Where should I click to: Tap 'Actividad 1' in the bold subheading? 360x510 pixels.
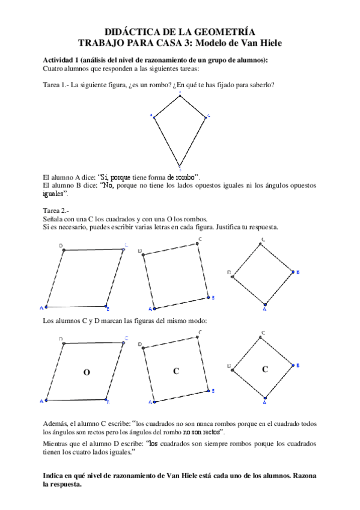(x=64, y=60)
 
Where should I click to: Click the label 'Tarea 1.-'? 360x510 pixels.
(x=55, y=85)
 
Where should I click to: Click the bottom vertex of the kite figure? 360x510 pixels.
(x=179, y=165)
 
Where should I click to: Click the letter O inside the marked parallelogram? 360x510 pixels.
(x=87, y=373)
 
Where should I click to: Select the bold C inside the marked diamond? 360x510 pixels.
(x=264, y=369)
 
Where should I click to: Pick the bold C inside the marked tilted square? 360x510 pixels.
(x=176, y=372)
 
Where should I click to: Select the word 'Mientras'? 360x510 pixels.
(x=58, y=443)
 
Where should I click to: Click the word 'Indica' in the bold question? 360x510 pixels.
(x=55, y=476)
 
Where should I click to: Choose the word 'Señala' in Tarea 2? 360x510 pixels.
(x=54, y=219)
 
